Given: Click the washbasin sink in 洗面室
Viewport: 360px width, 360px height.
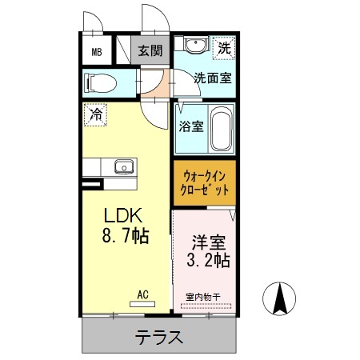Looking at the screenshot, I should pos(194,45).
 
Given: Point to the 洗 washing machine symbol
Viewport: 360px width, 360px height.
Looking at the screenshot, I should pos(225,48).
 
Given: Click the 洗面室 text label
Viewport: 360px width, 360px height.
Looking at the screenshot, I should pos(214,78).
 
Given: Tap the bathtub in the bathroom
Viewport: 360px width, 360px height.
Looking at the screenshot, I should pos(221,127).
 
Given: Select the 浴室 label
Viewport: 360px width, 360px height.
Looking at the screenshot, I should pos(190,126).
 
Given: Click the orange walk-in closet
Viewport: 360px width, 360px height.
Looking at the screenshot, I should pos(204,183).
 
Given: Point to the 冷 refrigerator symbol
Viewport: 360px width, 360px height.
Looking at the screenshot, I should pos(95,114).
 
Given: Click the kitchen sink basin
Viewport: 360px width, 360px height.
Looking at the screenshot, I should pos(123,167).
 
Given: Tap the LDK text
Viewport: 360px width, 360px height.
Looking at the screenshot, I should pos(124,216).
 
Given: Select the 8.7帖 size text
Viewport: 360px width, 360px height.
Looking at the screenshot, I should pos(125,238).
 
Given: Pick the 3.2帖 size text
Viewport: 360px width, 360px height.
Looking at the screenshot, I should pos(207,261).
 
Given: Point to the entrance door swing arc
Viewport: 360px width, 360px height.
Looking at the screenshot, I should pos(152,18).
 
